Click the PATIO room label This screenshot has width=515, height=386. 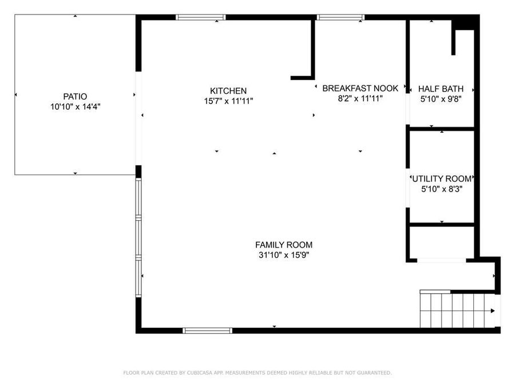coord(76,97)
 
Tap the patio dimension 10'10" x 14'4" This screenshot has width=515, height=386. coord(76,106)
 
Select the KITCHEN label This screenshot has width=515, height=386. coord(228,91)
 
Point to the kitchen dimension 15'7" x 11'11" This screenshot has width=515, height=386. coord(228,101)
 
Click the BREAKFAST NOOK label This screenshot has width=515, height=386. coord(360,88)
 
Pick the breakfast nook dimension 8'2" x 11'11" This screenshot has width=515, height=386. coord(360,98)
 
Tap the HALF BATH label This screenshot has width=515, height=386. coord(441,89)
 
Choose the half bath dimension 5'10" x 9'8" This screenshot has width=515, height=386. coord(441,99)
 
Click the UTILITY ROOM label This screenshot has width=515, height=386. coord(441,178)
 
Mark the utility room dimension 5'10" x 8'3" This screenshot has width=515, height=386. coord(441,188)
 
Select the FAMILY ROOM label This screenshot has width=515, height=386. coord(284,245)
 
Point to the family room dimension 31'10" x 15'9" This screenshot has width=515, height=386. coord(284,255)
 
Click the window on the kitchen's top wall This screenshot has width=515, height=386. coord(201,17)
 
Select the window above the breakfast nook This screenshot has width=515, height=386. coord(340,17)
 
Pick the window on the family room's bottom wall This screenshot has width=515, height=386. coord(207,331)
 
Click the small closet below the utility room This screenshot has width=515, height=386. coord(441,242)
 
